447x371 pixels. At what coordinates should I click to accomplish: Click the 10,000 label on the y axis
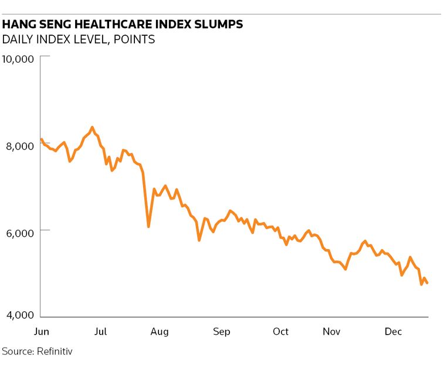[x=19, y=59]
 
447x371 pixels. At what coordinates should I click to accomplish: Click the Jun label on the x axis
[x=41, y=332]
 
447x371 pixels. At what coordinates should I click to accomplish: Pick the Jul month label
[x=100, y=332]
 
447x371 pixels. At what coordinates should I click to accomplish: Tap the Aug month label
[x=159, y=332]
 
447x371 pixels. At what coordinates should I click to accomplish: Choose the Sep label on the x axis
[x=222, y=332]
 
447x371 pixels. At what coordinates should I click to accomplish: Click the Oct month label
[x=280, y=332]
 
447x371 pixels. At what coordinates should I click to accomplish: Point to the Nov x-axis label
[x=331, y=332]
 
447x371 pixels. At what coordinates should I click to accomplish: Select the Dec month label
[x=392, y=332]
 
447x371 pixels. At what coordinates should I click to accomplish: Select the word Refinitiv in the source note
[x=54, y=352]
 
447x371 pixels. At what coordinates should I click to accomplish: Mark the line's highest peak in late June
[x=92, y=127]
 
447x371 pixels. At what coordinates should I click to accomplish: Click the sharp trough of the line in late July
[x=148, y=227]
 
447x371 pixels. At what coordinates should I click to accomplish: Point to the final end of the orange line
[x=427, y=283]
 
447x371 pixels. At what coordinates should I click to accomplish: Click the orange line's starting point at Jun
[x=41, y=139]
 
